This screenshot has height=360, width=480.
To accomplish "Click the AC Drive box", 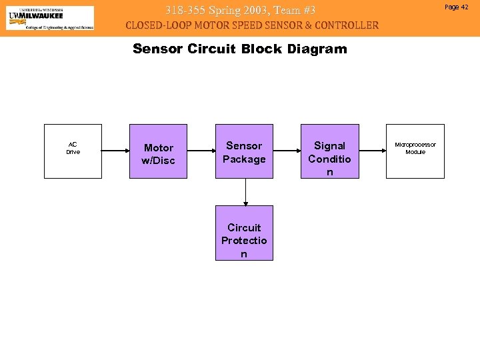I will coord(73,151).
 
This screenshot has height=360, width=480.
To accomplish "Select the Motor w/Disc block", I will coord(158,151).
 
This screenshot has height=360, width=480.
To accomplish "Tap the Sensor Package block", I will coord(244,151).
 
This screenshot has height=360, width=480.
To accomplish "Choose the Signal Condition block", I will coord(329,151).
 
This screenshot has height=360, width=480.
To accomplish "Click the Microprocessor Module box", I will coord(415,151).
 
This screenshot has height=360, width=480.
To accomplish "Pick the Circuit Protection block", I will coord(244,233).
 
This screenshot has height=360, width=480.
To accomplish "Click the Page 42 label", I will coord(456,7).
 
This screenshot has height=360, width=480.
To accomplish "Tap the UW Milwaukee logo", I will coord(50,17).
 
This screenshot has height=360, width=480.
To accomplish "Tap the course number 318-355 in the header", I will coord(186,10).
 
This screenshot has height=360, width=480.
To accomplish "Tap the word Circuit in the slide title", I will coord(213,49).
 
